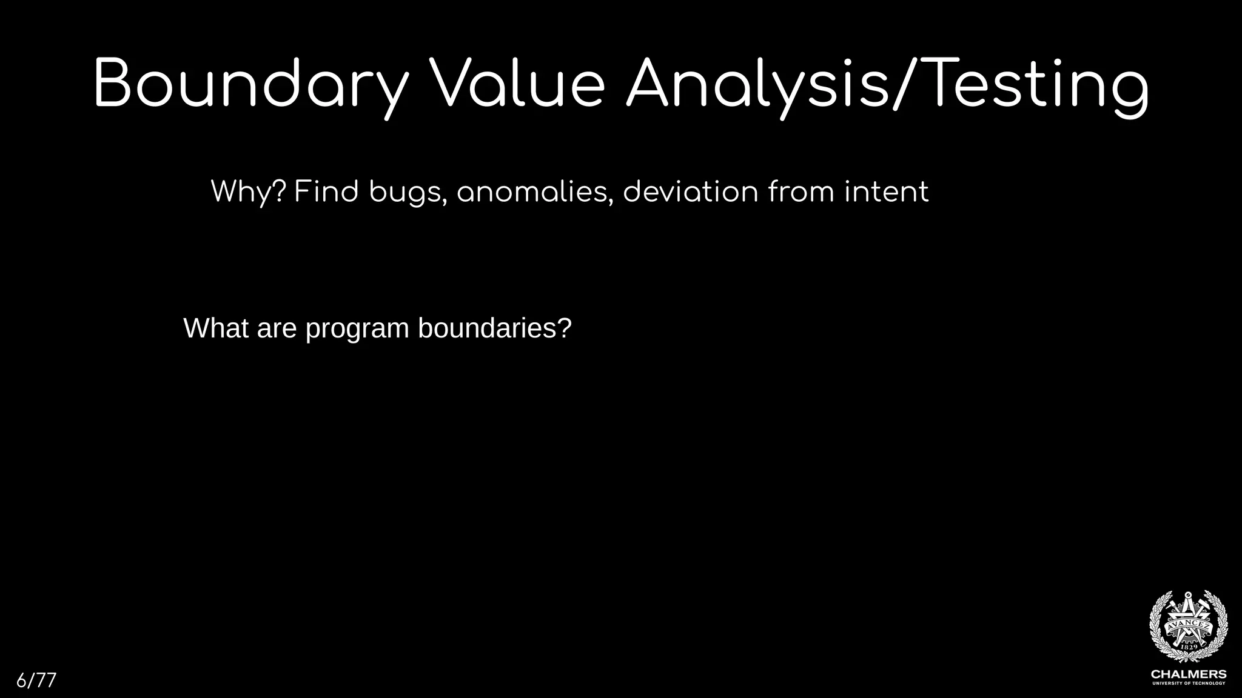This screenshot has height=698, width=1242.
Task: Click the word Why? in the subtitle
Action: (248, 193)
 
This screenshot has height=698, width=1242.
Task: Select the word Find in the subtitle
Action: (326, 192)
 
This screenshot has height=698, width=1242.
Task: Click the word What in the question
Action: (215, 328)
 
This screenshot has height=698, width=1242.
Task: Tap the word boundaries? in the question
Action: (495, 328)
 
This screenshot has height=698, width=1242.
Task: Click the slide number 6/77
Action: (36, 680)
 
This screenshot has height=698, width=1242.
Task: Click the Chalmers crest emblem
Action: (1188, 627)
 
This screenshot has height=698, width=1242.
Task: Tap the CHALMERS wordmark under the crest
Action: (1189, 674)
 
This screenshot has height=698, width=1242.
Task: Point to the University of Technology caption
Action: (1189, 683)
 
